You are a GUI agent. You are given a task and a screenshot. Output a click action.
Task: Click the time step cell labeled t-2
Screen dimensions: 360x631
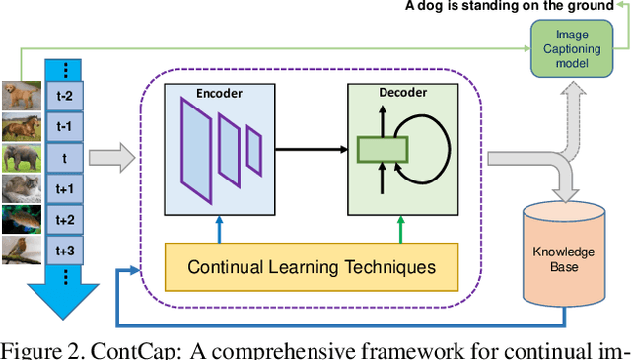pyautogui.click(x=64, y=97)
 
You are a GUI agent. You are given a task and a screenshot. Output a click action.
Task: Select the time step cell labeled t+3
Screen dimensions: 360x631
pyautogui.click(x=64, y=250)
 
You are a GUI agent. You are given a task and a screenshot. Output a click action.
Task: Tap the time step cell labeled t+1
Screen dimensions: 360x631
pyautogui.click(x=64, y=188)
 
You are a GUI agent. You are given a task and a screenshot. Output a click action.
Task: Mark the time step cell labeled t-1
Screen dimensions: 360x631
pyautogui.click(x=64, y=127)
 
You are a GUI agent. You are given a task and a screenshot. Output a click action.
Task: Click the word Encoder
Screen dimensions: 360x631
pyautogui.click(x=219, y=93)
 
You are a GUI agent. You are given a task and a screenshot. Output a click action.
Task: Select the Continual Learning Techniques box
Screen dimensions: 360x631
pyautogui.click(x=311, y=267)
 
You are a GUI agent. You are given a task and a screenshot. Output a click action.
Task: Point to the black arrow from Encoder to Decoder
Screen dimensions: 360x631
pyautogui.click(x=310, y=150)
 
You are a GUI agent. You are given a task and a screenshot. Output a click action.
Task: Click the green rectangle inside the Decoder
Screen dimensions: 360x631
pyautogui.click(x=383, y=150)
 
